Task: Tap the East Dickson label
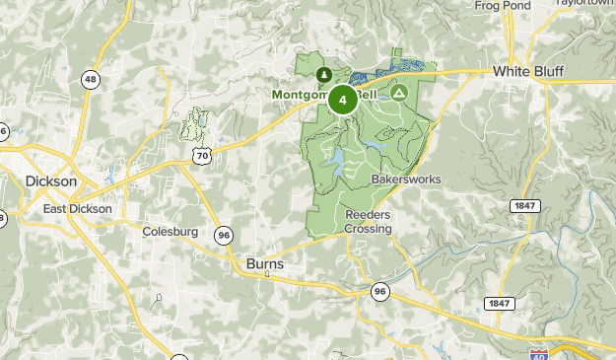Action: pos(78,210)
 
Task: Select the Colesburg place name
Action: pos(170,233)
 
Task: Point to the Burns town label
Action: pos(264,264)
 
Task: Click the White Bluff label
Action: pos(528,72)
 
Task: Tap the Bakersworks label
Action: pos(406,180)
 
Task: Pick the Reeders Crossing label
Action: pos(368,221)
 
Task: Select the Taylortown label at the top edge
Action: pos(585,3)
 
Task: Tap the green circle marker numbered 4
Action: pos(342,100)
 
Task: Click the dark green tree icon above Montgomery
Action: pos(323,74)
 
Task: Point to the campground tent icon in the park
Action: pos(399,93)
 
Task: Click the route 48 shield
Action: pos(91,80)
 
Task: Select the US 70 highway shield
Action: pos(202,156)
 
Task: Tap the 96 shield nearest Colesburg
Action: pos(225,235)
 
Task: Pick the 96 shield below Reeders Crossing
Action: pos(379,291)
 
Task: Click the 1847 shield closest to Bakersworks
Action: pos(524,204)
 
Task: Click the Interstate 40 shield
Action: pos(538,353)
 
